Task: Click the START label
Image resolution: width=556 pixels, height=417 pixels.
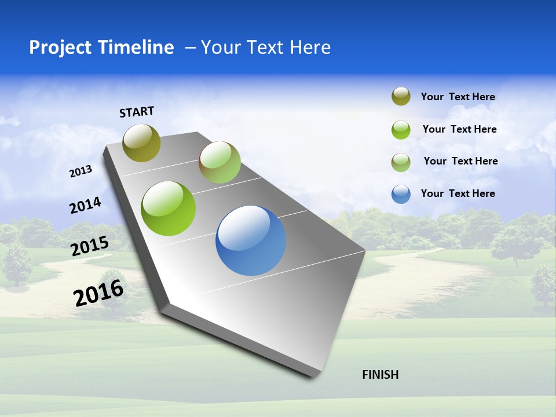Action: pos(137,112)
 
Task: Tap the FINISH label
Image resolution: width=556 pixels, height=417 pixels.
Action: pos(381,375)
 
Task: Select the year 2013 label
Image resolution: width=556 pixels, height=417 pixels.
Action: pos(81,171)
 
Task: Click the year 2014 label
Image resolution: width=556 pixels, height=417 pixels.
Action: pos(86,205)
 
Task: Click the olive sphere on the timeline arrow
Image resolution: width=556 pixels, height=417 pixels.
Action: pos(142,142)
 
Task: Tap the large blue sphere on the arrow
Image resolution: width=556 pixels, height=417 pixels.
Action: pos(251,240)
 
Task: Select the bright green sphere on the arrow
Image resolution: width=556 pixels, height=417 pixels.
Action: pos(169,209)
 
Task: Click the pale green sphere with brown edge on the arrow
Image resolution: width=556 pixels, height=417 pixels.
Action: pos(220,162)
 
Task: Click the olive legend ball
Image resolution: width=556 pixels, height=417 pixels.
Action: pos(401,97)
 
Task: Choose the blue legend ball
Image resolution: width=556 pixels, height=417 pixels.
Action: pos(401,194)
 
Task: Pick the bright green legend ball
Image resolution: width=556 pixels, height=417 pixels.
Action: pos(401,130)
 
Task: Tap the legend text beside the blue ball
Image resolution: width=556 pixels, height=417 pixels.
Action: pos(458,193)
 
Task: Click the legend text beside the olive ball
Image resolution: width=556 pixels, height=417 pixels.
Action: pos(458,97)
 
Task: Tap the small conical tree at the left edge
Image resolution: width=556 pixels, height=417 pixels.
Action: pos(17,264)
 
